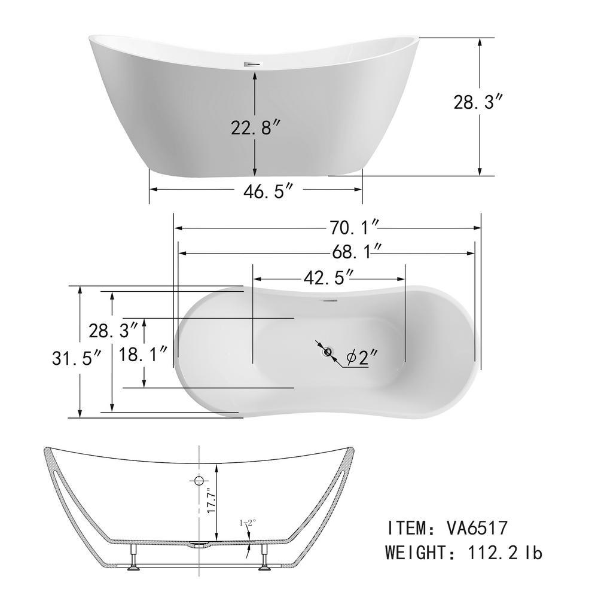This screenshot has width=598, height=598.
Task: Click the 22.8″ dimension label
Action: pyautogui.click(x=256, y=127)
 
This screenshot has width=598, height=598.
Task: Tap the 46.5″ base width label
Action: pyautogui.click(x=269, y=191)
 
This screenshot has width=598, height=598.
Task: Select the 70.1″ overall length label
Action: pyautogui.click(x=354, y=228)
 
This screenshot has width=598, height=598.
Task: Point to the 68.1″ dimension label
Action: pyautogui.click(x=356, y=252)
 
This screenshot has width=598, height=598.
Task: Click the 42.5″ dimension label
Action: pyautogui.click(x=329, y=277)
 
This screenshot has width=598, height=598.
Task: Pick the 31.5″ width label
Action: pyautogui.click(x=77, y=358)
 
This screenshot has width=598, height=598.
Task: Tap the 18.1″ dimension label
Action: pyautogui.click(x=143, y=354)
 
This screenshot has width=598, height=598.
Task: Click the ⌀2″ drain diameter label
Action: pyautogui.click(x=362, y=358)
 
